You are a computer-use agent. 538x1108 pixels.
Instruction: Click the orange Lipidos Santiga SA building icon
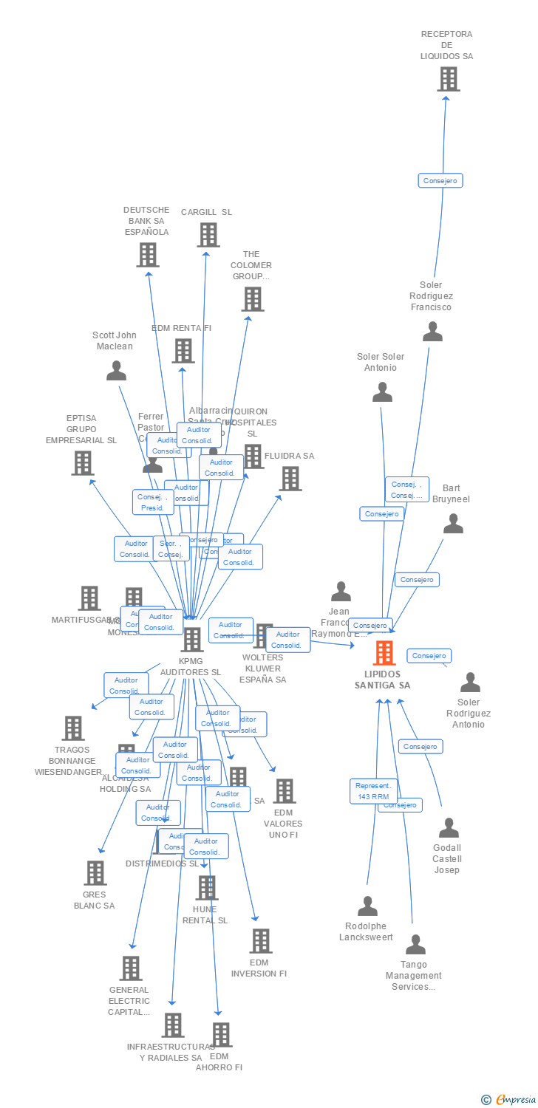pyautogui.click(x=384, y=653)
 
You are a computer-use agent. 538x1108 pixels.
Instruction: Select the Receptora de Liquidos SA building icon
pyautogui.click(x=448, y=79)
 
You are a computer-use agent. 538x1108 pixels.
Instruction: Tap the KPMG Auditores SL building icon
pyautogui.click(x=191, y=640)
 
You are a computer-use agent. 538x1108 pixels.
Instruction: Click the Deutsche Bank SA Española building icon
pyautogui.click(x=148, y=255)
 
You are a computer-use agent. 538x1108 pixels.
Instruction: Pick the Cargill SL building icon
pyautogui.click(x=208, y=235)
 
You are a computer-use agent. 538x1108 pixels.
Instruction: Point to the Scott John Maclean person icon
pyautogui.click(x=116, y=370)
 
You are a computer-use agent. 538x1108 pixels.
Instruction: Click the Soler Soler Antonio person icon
pyautogui.click(x=382, y=392)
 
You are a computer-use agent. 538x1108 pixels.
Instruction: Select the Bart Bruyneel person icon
pyautogui.click(x=453, y=524)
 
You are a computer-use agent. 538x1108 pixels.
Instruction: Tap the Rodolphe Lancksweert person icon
pyautogui.click(x=367, y=906)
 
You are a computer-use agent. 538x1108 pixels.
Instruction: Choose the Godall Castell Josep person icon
pyautogui.click(x=449, y=828)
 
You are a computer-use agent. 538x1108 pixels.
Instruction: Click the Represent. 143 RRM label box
pyautogui.click(x=373, y=791)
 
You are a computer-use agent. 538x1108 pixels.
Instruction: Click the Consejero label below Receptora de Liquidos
pyautogui.click(x=440, y=180)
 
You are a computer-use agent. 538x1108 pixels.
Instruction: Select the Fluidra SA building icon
pyautogui.click(x=290, y=479)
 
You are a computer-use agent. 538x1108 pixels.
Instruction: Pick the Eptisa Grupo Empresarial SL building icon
pyautogui.click(x=82, y=463)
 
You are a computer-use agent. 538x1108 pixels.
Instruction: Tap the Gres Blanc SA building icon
pyautogui.click(x=95, y=873)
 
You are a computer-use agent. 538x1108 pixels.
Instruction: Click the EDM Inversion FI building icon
pyautogui.click(x=260, y=941)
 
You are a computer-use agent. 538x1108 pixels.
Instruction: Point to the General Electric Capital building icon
pyautogui.click(x=131, y=968)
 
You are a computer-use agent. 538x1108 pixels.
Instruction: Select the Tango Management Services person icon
pyautogui.click(x=415, y=945)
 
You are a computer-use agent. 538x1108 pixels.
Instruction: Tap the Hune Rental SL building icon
pyautogui.click(x=206, y=888)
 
